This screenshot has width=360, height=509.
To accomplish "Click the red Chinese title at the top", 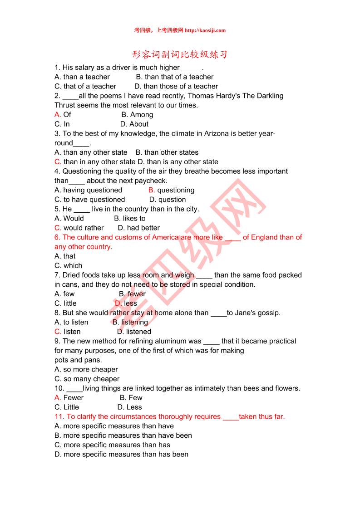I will [180, 55].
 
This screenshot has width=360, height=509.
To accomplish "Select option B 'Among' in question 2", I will [137, 115].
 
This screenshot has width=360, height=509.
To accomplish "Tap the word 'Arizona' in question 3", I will [218, 134].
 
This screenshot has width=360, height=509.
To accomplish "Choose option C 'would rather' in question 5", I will [79, 228].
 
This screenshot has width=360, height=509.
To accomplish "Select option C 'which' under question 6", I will [69, 266].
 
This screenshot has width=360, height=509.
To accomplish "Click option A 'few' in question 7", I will [64, 294].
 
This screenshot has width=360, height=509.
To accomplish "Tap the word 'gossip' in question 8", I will [267, 313].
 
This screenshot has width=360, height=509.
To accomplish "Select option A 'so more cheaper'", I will [86, 370].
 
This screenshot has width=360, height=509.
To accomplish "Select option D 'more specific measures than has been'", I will [121, 455].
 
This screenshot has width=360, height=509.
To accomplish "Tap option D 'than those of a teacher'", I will [176, 86].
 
